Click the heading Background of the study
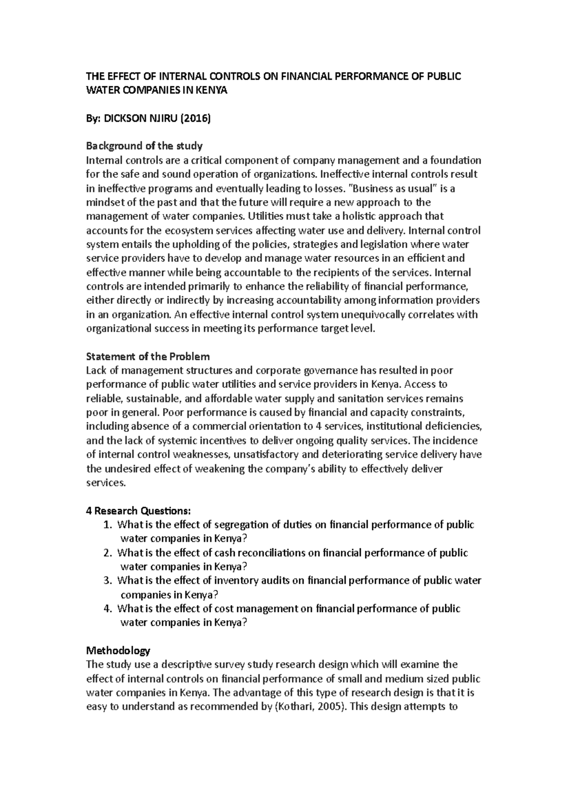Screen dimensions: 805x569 144,146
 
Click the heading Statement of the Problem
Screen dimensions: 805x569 147,357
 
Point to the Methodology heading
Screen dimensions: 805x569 118,650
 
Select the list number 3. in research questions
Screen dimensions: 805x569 108,581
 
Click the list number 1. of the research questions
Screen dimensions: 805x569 108,525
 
